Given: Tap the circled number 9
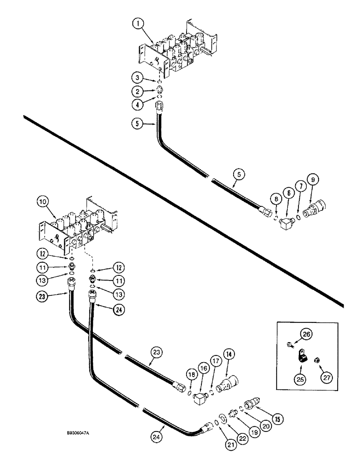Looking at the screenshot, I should coord(312,178).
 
